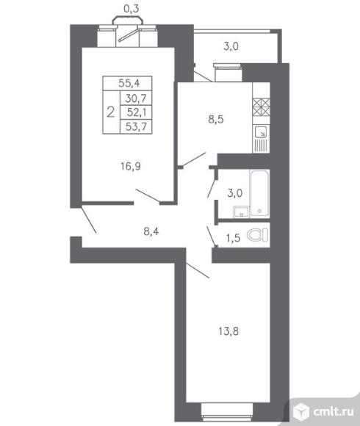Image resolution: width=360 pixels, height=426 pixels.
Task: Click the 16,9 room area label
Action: pyautogui.click(x=131, y=166)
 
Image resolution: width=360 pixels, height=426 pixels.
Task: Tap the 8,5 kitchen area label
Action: pyautogui.click(x=216, y=119)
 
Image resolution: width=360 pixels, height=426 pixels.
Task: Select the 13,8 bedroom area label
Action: pyautogui.click(x=228, y=331)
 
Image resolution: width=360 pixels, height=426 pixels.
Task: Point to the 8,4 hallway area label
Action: pyautogui.click(x=151, y=231)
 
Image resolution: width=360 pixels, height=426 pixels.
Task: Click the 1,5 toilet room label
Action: pyautogui.click(x=234, y=238)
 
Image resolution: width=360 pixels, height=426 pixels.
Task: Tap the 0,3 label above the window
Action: pyautogui.click(x=132, y=9)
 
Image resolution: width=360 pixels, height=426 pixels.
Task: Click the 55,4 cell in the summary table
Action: pyautogui.click(x=129, y=83)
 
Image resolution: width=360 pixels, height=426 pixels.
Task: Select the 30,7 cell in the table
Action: pyautogui.click(x=136, y=98)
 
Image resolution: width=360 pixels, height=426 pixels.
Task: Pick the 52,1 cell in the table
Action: pyautogui.click(x=137, y=112)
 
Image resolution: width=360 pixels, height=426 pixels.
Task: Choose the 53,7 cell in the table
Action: pyautogui.click(x=136, y=126)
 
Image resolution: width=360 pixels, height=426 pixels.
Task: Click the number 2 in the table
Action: pyautogui.click(x=111, y=112)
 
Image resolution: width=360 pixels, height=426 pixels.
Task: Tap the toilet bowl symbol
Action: pyautogui.click(x=258, y=235)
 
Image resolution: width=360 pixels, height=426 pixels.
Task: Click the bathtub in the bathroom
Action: pyautogui.click(x=259, y=193)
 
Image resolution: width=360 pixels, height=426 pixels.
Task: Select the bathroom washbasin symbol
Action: pyautogui.click(x=241, y=212)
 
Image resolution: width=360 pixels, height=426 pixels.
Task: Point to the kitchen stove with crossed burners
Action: pyautogui.click(x=261, y=106)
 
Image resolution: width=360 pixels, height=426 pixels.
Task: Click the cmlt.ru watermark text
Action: pyautogui.click(x=334, y=411)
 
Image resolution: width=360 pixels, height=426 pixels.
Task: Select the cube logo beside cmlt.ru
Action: pyautogui.click(x=301, y=411)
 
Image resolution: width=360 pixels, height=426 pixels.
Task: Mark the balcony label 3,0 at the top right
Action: pyautogui.click(x=231, y=46)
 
